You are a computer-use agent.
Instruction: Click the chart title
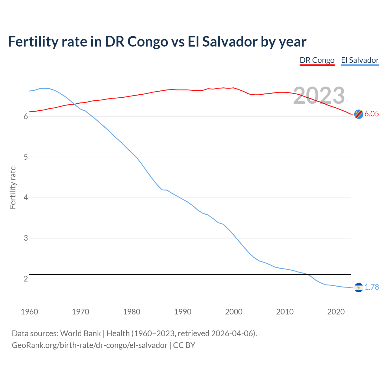pyautogui.click(x=157, y=41)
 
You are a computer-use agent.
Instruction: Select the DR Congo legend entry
pyautogui.click(x=317, y=60)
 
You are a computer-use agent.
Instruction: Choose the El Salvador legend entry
pyautogui.click(x=360, y=60)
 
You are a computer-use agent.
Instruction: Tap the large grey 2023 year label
pyautogui.click(x=319, y=96)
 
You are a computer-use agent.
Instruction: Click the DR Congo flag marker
pyautogui.click(x=359, y=114)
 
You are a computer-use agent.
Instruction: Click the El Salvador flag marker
pyautogui.click(x=359, y=287)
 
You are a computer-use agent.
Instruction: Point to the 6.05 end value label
pyautogui.click(x=372, y=114)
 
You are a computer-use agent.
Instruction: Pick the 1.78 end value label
pyautogui.click(x=372, y=287)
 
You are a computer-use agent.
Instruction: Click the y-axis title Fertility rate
pyautogui.click(x=13, y=187)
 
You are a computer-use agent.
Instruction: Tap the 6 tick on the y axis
pyautogui.click(x=26, y=117)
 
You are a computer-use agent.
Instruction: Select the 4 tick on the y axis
pyautogui.click(x=26, y=198)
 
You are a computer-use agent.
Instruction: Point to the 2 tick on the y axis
pyautogui.click(x=26, y=279)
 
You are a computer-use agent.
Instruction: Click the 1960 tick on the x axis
pyautogui.click(x=29, y=312)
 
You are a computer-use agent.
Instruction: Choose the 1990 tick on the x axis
pyautogui.click(x=183, y=312)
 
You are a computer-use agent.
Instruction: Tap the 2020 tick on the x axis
pyautogui.click(x=336, y=312)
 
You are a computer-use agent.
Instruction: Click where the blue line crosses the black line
pyautogui.click(x=308, y=275)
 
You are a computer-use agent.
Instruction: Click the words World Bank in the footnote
pyautogui.click(x=80, y=333)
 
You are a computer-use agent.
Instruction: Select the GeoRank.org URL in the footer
pyautogui.click(x=89, y=345)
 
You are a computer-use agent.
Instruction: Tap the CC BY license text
pyautogui.click(x=184, y=345)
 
